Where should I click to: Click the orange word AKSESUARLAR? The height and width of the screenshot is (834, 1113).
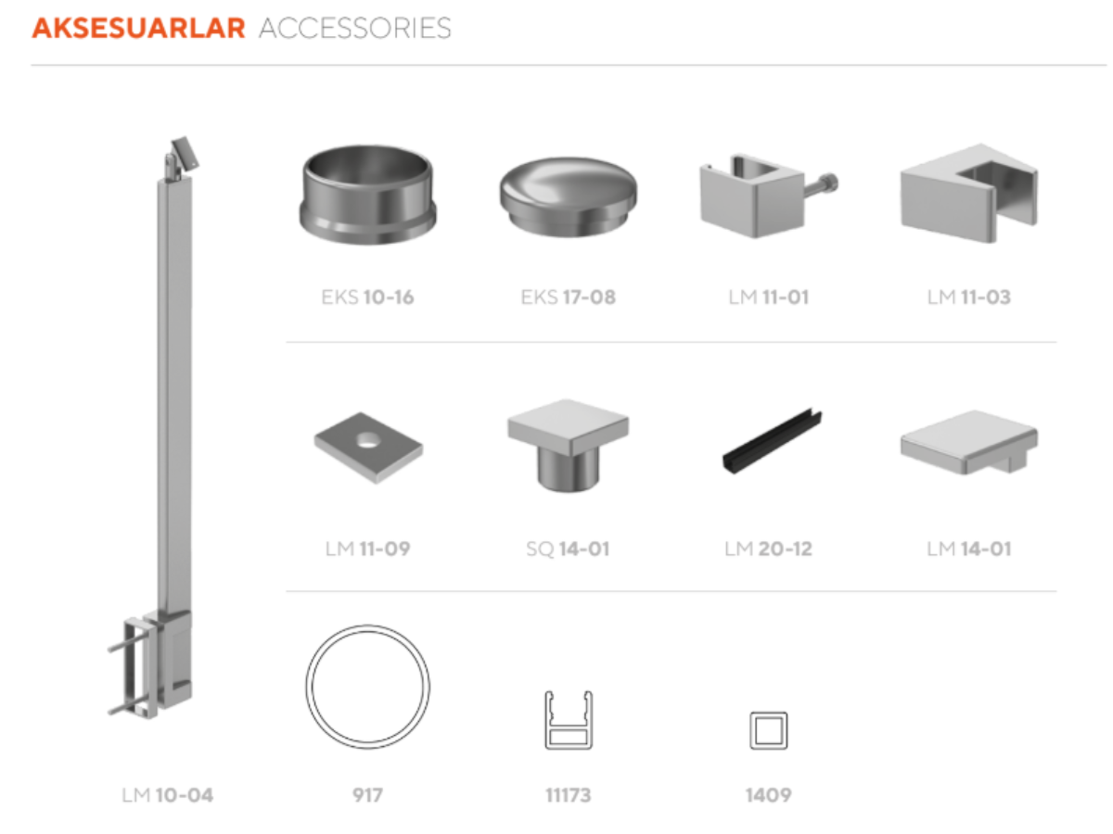point(138,29)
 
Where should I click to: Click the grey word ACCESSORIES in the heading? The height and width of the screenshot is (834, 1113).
point(355,29)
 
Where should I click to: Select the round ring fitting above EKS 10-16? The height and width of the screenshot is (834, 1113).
point(367,195)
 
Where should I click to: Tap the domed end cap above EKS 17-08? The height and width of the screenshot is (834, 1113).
point(568,196)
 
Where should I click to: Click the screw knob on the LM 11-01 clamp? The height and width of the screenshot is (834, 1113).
point(826,183)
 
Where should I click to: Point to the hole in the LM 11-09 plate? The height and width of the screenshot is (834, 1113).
point(368,440)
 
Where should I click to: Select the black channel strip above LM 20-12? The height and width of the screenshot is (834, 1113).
point(772,442)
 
